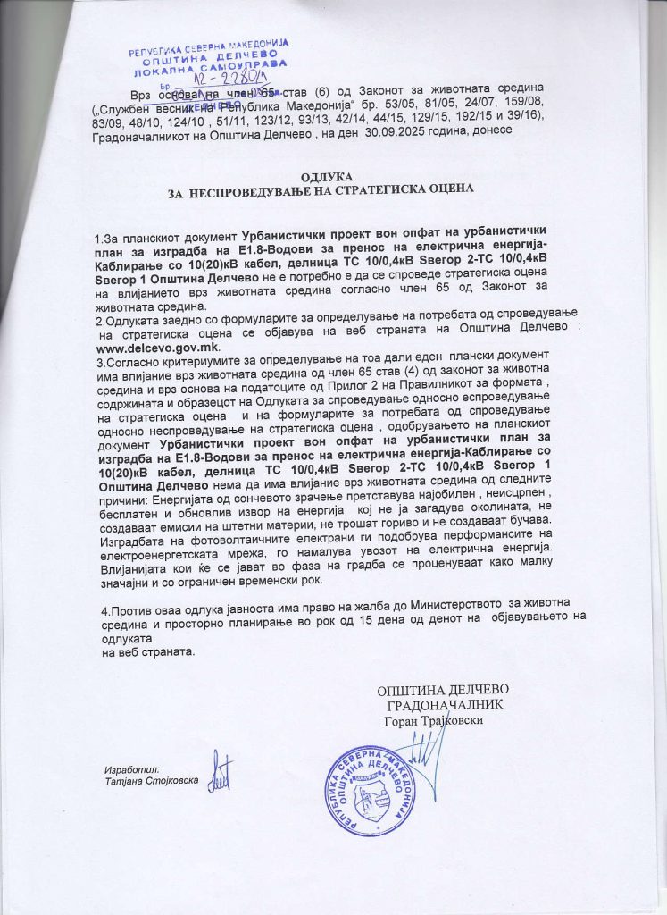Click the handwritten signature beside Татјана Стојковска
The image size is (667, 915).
[219, 772]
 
